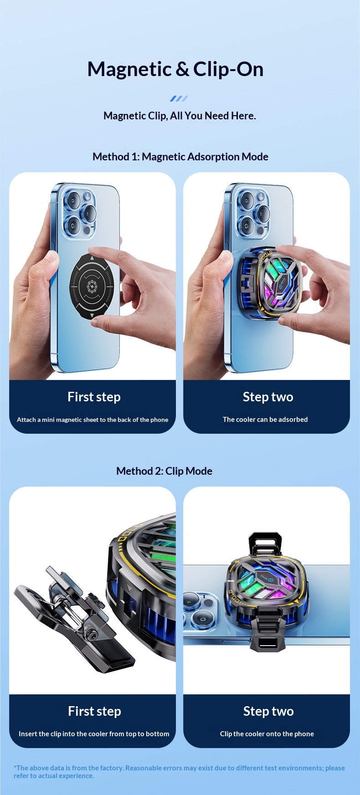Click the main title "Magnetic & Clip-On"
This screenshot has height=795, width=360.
(x=175, y=69)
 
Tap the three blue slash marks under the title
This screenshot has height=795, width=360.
(x=179, y=98)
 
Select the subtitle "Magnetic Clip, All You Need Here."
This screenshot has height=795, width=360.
(x=180, y=116)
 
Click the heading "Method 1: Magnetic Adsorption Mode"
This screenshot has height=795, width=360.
(x=180, y=157)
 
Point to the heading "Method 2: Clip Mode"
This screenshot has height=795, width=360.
(x=164, y=471)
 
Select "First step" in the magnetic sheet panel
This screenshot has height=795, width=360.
(x=94, y=397)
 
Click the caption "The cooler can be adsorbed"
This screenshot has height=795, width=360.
(x=265, y=420)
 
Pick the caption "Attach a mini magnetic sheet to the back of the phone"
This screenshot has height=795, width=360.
(x=93, y=420)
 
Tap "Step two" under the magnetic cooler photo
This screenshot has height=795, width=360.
(x=268, y=397)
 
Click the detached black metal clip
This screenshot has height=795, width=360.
(x=73, y=613)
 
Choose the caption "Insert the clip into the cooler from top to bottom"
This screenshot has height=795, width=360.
(x=94, y=734)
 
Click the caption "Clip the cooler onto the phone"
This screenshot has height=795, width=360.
(x=267, y=734)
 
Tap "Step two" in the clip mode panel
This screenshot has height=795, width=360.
(x=268, y=711)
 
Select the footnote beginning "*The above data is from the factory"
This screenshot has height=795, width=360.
(x=179, y=772)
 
